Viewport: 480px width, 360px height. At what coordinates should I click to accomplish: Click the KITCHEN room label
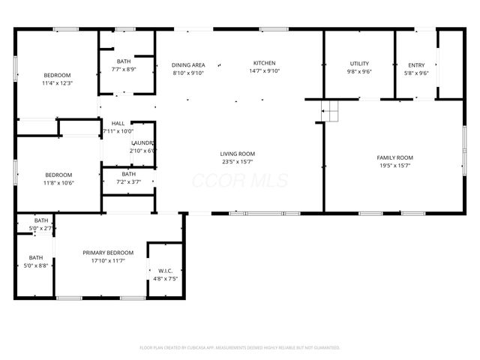[264, 63]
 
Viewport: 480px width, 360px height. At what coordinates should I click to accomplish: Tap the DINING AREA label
[187, 64]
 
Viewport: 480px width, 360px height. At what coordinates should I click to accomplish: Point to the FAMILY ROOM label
[394, 157]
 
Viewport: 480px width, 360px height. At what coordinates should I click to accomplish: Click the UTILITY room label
[359, 63]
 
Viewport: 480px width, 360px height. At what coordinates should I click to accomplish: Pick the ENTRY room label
[415, 64]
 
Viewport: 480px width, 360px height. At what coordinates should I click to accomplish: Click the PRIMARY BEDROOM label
[108, 253]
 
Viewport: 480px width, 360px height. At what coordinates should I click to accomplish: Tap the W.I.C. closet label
[166, 270]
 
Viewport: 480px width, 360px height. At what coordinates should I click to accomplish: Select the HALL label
[118, 123]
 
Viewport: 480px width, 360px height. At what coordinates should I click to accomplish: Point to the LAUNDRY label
[142, 142]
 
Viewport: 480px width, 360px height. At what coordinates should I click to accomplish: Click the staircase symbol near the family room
[330, 113]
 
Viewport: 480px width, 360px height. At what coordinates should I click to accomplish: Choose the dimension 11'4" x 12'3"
[57, 83]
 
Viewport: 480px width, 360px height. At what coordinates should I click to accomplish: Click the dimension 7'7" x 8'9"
[124, 69]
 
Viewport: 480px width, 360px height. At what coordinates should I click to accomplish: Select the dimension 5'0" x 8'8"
[36, 265]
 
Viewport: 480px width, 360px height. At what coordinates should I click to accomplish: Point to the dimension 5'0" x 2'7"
[41, 228]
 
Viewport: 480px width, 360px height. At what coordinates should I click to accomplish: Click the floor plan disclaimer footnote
[240, 348]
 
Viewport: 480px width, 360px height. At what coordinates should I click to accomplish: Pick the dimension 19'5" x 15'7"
[394, 166]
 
